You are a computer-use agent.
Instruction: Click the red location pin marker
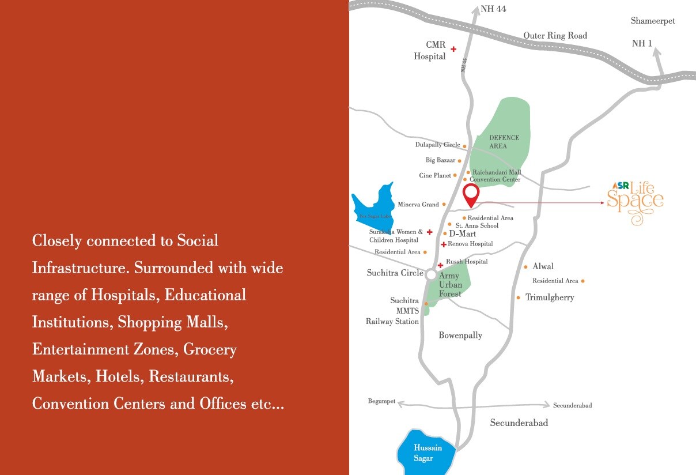(x=471, y=195)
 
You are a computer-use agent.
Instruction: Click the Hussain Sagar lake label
(x=428, y=453)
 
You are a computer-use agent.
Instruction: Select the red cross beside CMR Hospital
(x=453, y=50)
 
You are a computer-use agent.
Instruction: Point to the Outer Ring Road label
(x=555, y=36)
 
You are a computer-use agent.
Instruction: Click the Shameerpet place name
(x=653, y=21)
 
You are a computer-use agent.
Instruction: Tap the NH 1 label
(x=642, y=44)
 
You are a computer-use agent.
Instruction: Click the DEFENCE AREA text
(x=504, y=142)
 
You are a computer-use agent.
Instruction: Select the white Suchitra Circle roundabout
(x=431, y=275)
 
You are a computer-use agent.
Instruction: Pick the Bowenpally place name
(x=460, y=335)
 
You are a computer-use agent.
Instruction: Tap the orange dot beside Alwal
(x=526, y=267)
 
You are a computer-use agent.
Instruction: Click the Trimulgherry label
(x=550, y=297)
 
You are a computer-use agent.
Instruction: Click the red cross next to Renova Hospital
(x=443, y=244)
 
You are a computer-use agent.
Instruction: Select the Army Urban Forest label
(x=450, y=285)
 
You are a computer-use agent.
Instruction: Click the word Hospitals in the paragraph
(x=123, y=295)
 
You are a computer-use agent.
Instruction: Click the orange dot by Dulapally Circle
(x=464, y=146)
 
